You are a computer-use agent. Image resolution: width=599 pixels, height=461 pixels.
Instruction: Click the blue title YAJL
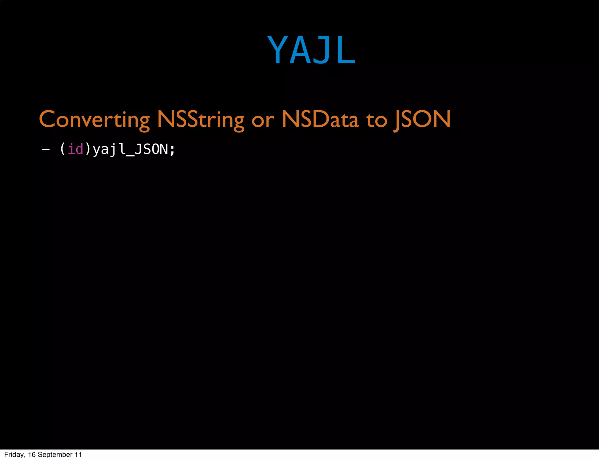tap(311, 50)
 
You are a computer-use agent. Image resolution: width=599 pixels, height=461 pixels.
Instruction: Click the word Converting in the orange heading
tap(94, 119)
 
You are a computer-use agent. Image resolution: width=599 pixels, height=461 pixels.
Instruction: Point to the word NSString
tap(200, 119)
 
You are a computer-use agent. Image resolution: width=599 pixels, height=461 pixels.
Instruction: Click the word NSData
tap(320, 119)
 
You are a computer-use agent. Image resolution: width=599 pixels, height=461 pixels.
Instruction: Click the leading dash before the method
tap(46, 149)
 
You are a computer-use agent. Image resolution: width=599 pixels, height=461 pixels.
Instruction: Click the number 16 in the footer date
tap(32, 455)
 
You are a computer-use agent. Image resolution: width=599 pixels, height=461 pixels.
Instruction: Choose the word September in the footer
tap(55, 455)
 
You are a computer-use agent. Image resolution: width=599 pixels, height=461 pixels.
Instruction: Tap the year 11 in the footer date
tap(78, 455)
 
